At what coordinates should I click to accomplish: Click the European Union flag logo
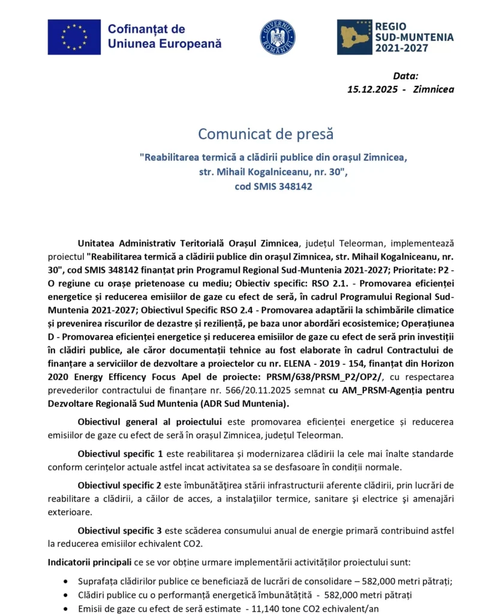coord(74,37)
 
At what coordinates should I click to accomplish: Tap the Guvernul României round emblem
coord(277,37)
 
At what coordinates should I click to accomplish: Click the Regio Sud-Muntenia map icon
coord(354,37)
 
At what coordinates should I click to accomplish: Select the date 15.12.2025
coord(371,89)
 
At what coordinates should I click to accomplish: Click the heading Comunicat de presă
coord(265,134)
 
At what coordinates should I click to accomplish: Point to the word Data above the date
coord(405,76)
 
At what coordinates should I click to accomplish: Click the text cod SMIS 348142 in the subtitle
coord(273,186)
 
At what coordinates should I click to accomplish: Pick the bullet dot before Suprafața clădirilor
coord(65,582)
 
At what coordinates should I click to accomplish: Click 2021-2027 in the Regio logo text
coord(401,48)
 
